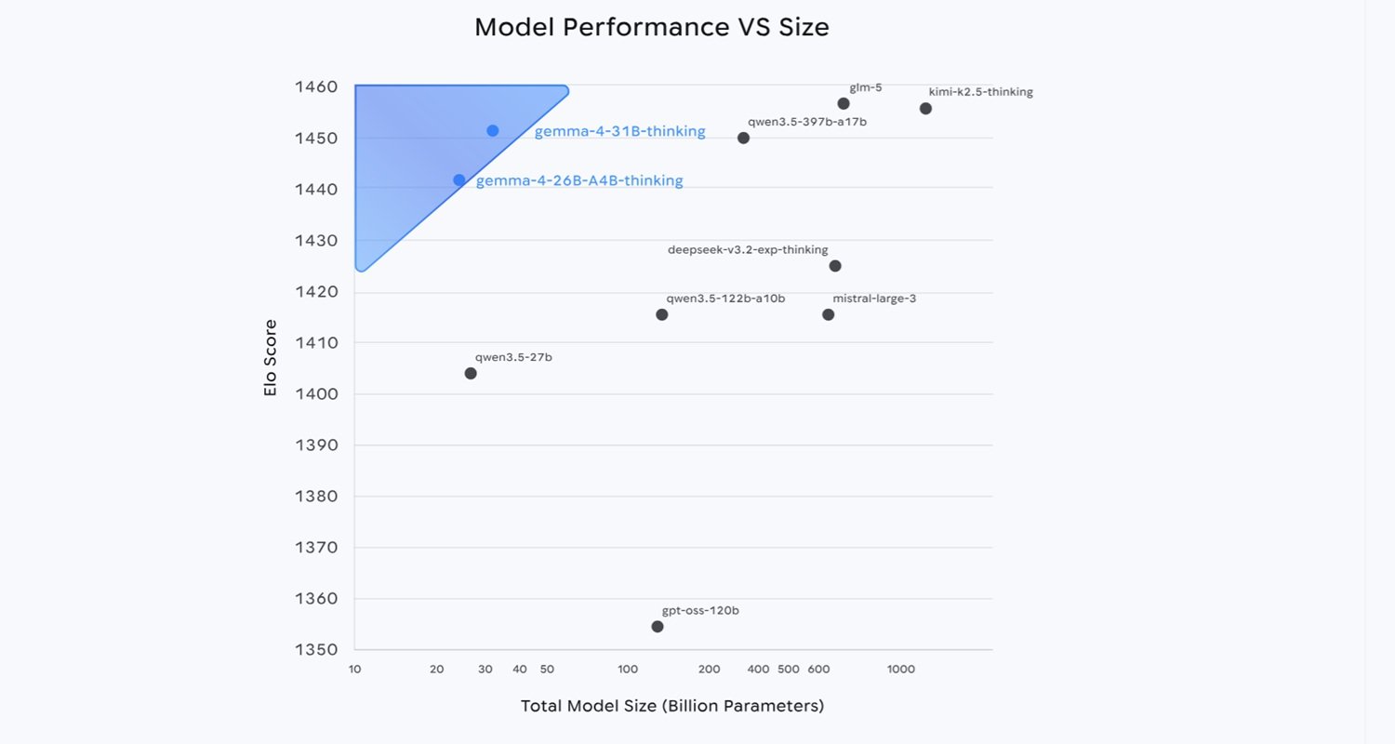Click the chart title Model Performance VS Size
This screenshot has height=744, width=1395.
[x=651, y=27]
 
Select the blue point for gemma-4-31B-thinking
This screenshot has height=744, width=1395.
[x=493, y=131]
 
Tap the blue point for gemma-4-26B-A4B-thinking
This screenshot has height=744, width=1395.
[x=459, y=180]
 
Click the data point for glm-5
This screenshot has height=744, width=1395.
[x=844, y=103]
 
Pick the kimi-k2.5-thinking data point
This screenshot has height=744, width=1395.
[x=925, y=109]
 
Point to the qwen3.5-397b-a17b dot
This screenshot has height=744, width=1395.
[x=743, y=138]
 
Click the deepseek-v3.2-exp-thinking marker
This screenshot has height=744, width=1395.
[x=835, y=266]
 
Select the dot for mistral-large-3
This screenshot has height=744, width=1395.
[x=829, y=314]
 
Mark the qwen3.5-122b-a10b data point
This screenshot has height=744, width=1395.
[x=662, y=314]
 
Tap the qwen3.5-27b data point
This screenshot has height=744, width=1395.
[x=471, y=374]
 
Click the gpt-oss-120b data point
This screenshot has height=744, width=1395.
[x=658, y=627]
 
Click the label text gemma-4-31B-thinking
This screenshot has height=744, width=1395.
[x=619, y=132]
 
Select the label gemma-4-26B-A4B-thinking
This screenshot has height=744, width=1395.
[x=579, y=181]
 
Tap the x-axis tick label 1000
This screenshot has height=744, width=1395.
[x=900, y=670]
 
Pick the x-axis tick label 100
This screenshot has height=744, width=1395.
[x=628, y=670]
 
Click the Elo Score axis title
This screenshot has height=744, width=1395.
[x=271, y=358]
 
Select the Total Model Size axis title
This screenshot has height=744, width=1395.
[x=672, y=706]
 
